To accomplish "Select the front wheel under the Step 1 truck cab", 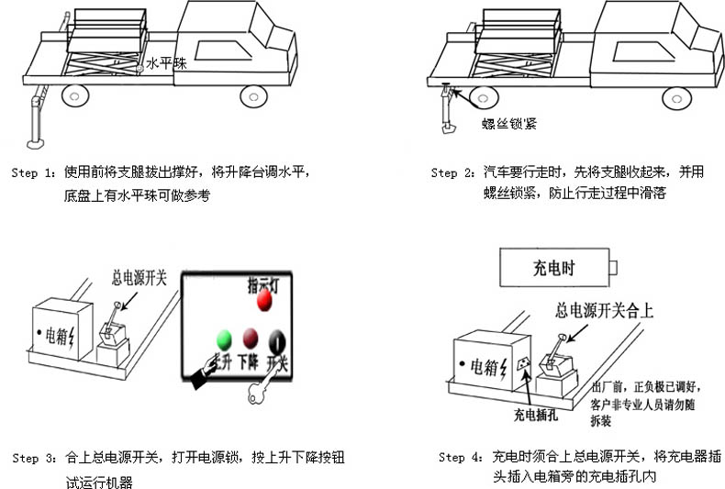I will coord(252,95).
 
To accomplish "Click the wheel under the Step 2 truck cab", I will coord(676,97).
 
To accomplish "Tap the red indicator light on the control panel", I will coord(265,300).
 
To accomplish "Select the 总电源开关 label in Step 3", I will coord(139,275).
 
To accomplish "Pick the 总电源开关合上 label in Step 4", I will coord(605,311).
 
